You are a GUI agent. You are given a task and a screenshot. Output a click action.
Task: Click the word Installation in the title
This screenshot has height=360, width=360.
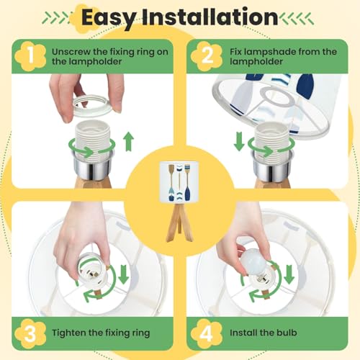pos(210,17)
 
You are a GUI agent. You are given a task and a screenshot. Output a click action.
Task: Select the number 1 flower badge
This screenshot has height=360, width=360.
pos(30,56)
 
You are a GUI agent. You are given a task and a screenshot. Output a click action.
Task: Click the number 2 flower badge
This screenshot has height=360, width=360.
pos(207,56)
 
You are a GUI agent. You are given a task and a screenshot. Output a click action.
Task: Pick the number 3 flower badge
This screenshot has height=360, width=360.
pos(30,334)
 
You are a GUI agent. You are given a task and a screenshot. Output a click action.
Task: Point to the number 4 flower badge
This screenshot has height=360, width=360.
pos(207,334)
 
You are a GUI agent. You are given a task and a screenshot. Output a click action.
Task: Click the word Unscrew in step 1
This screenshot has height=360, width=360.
pos(71,52)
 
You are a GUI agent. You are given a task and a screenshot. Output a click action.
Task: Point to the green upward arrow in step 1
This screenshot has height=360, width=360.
pos(129,141)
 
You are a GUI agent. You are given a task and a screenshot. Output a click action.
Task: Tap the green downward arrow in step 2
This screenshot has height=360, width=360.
pos(239,141)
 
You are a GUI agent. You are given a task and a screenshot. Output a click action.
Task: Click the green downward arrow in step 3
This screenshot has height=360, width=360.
pos(124,274)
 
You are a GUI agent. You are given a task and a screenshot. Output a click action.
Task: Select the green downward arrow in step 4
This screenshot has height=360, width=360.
pos(289,274)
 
